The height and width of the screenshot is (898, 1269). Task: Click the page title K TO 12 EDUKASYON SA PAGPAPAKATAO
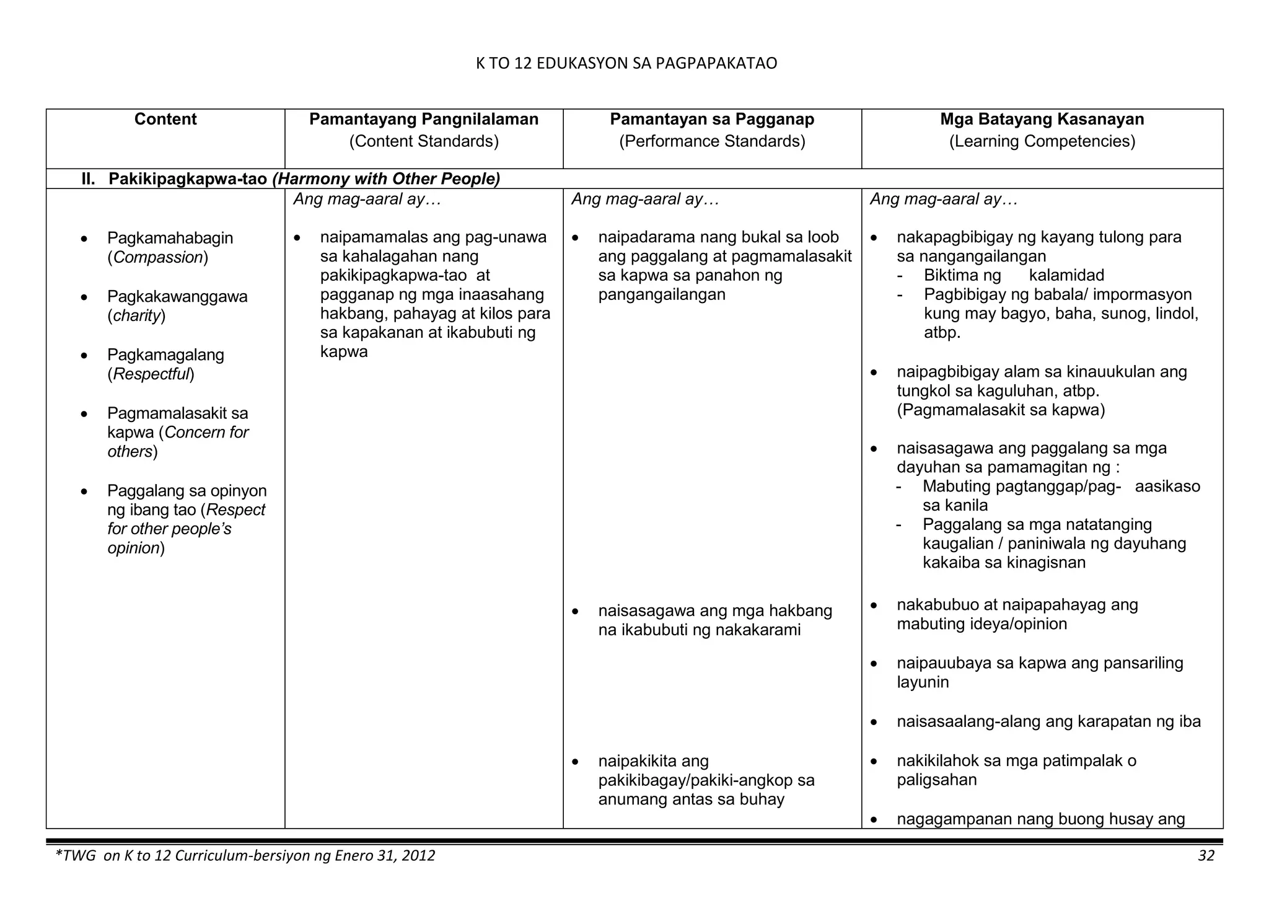626,63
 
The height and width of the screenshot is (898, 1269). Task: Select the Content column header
165,119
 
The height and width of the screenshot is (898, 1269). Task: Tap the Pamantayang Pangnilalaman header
424,119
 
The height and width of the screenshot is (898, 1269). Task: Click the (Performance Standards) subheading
712,141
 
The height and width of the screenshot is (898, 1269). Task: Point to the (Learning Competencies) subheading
1042,141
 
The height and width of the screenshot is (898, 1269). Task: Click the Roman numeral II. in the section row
89,179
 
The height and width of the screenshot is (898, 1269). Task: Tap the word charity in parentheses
136,315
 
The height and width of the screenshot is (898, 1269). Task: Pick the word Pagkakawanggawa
177,296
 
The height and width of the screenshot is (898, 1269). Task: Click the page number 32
1206,856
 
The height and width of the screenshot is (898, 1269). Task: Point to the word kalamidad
1066,275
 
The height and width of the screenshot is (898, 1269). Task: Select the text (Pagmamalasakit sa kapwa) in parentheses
1001,410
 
